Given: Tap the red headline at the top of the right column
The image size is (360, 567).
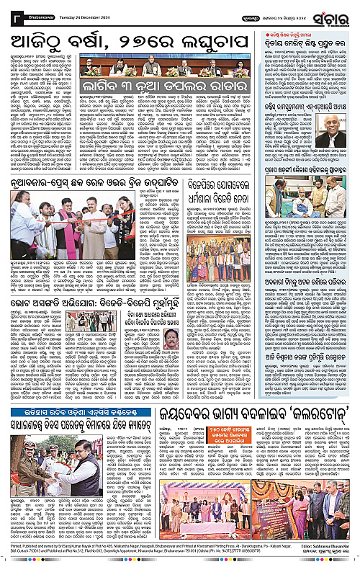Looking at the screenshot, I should [307, 42].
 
